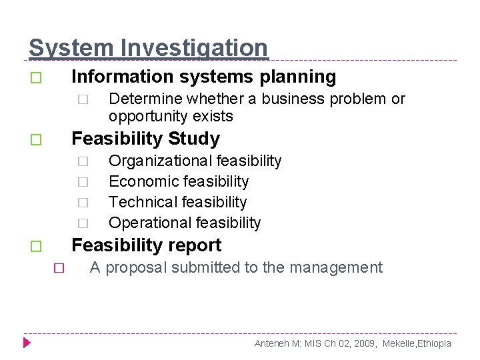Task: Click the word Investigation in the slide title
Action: [193, 48]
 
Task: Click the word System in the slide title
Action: [71, 48]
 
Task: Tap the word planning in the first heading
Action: [299, 77]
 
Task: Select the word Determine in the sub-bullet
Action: [145, 99]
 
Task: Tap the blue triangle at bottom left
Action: [27, 343]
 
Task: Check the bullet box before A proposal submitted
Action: [58, 269]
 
